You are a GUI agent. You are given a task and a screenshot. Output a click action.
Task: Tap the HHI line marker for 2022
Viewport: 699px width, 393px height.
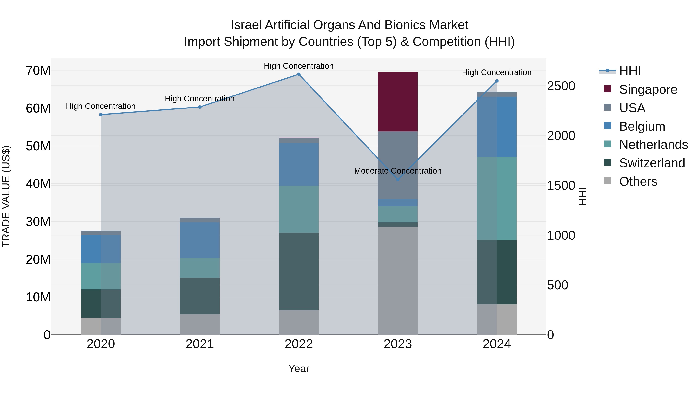[299, 74]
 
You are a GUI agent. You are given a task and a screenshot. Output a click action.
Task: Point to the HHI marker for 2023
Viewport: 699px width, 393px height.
[398, 180]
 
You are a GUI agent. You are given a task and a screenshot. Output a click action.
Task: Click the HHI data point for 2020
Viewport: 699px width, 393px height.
[101, 115]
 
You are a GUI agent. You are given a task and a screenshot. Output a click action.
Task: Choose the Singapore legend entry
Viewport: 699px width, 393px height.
[648, 89]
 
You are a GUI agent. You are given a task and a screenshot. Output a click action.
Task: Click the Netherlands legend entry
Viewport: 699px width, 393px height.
[653, 145]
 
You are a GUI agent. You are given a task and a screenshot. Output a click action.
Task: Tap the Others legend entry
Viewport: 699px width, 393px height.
[638, 181]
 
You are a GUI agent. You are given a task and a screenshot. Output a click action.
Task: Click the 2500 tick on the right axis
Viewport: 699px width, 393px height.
[561, 86]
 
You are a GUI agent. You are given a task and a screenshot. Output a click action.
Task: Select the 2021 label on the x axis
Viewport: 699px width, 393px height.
[200, 344]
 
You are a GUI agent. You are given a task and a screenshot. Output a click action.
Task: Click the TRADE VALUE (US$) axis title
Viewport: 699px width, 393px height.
[6, 196]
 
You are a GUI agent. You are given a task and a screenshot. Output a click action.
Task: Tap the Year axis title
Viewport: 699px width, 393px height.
[299, 369]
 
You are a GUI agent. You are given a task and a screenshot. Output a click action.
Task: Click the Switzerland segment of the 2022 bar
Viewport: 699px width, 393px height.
[299, 271]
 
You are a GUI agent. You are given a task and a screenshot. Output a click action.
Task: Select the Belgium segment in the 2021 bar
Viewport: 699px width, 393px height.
[200, 240]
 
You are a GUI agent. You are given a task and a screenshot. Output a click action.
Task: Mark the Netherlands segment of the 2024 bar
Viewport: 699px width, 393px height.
[497, 198]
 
